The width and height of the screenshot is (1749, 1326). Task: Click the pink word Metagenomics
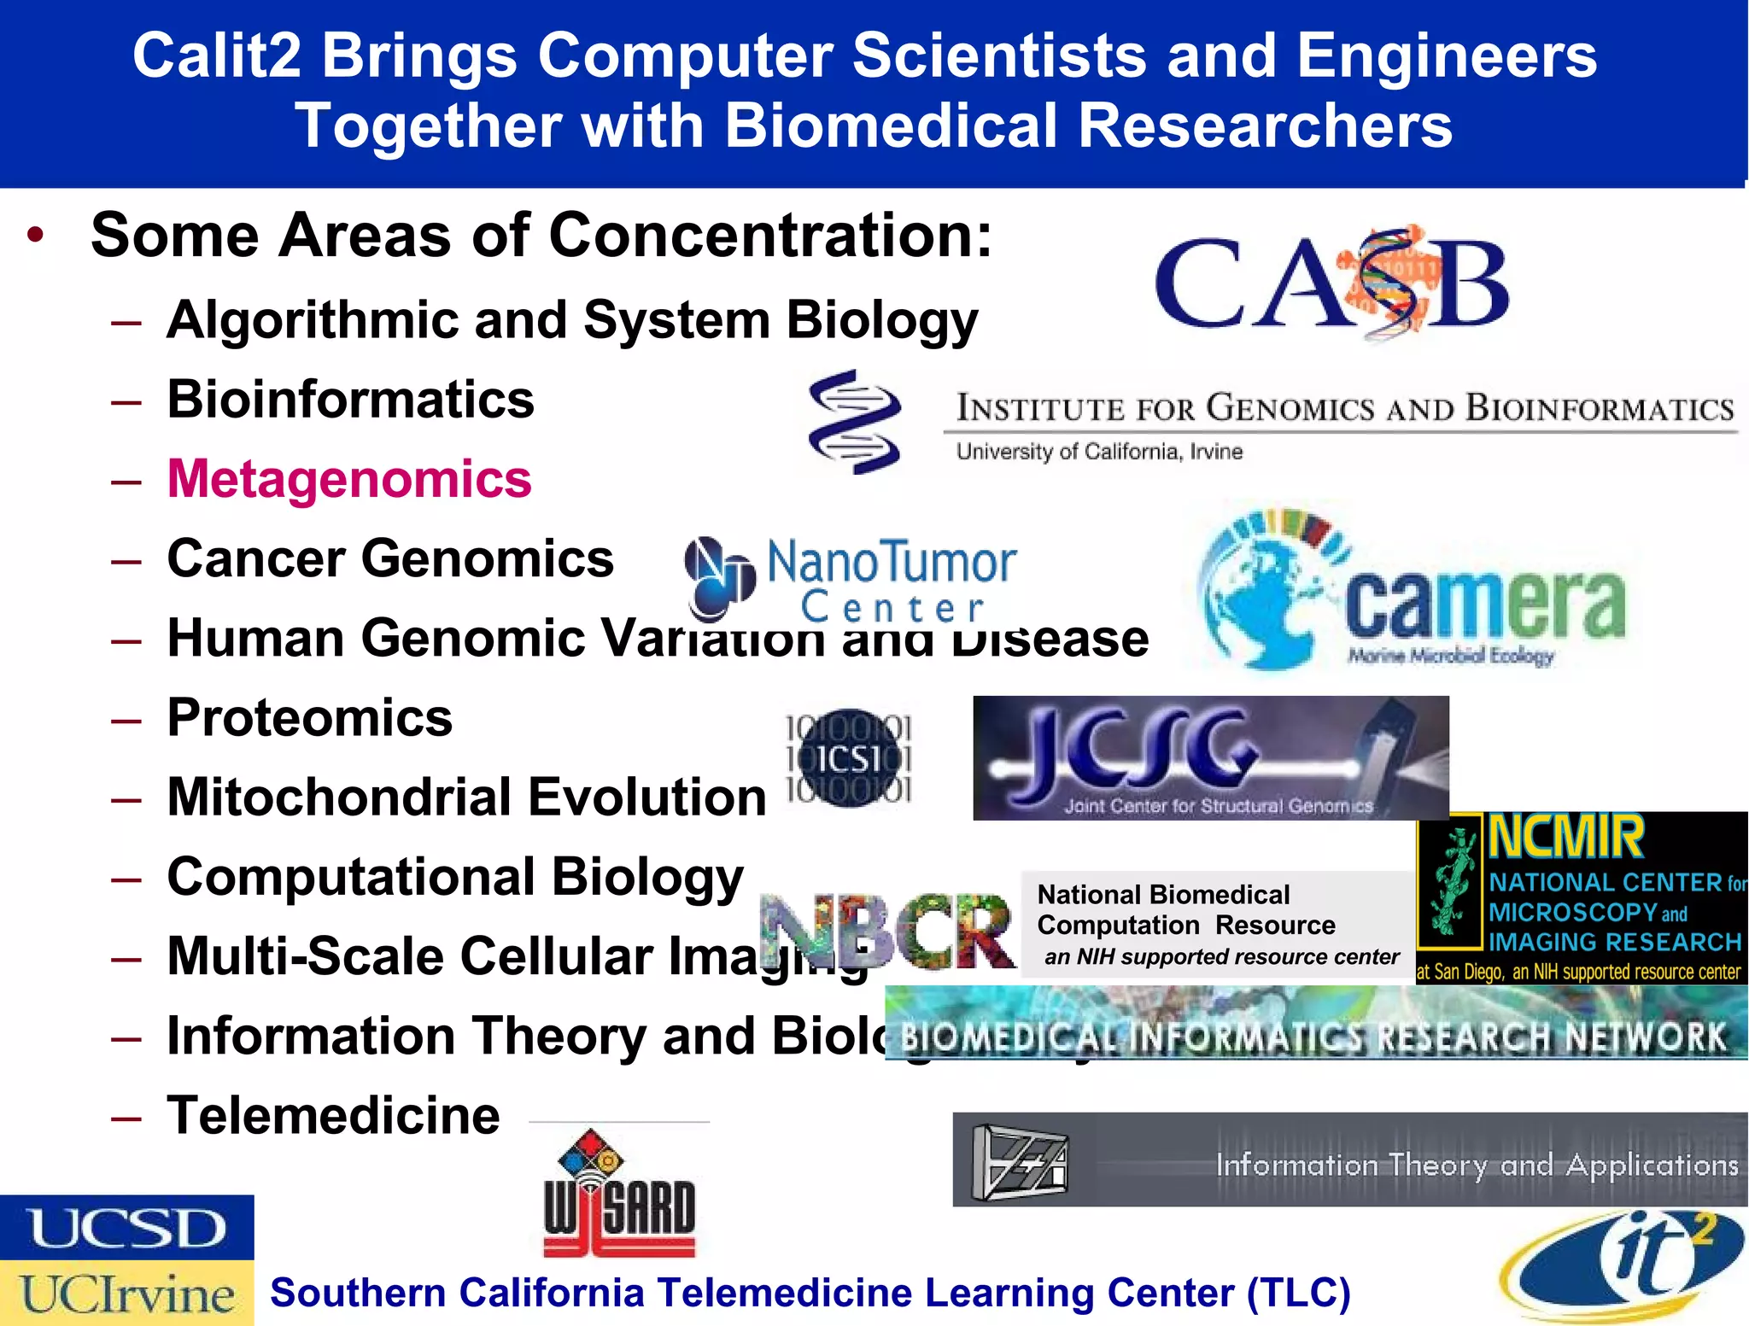[349, 479]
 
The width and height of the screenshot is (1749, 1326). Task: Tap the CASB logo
[1331, 284]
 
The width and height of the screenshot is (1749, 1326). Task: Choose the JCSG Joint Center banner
[1210, 758]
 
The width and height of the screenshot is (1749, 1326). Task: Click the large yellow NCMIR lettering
[1565, 838]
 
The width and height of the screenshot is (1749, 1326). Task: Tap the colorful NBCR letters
[888, 931]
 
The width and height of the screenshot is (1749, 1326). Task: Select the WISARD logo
[619, 1195]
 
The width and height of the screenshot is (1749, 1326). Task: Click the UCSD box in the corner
[126, 1228]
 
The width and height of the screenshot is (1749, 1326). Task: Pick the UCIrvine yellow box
[126, 1294]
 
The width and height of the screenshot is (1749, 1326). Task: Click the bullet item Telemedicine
[333, 1115]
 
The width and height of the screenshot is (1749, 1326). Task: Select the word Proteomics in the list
[309, 717]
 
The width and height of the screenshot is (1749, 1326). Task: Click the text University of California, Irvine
[1099, 452]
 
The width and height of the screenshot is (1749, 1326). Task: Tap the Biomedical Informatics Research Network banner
[1315, 1036]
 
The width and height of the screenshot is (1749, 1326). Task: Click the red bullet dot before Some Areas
[35, 235]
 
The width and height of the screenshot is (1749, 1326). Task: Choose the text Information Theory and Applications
[1477, 1165]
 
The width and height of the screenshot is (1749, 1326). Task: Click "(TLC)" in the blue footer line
[1298, 1293]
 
